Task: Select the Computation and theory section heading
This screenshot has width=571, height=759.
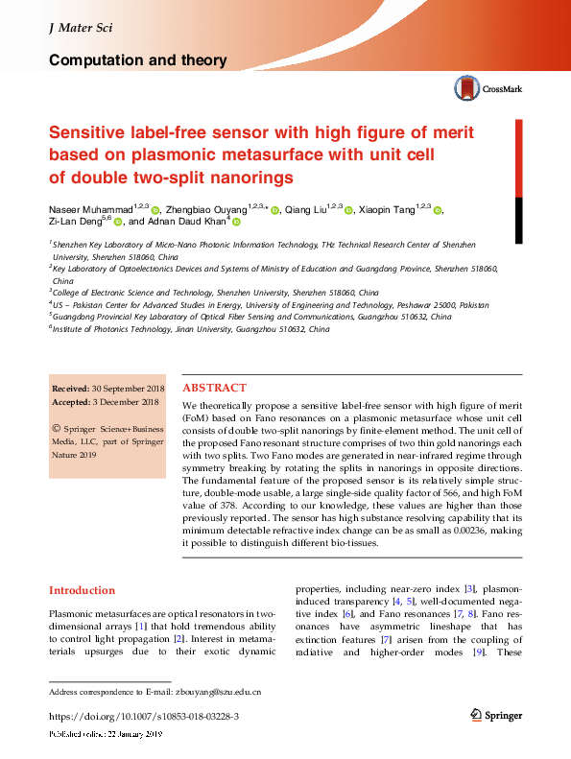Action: pos(137,60)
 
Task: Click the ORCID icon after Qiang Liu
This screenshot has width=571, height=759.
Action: pos(349,210)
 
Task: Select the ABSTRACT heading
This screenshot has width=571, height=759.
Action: pos(214,389)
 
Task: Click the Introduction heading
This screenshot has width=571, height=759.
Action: pos(82,590)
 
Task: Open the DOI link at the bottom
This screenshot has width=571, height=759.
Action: pos(143,716)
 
